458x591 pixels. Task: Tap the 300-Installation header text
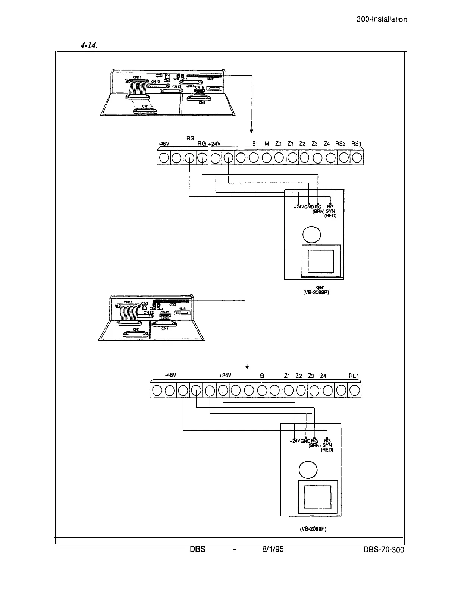click(381, 19)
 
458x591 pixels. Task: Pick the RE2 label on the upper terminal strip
click(341, 144)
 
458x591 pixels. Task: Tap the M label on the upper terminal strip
click(267, 144)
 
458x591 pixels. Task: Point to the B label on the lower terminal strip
click(262, 376)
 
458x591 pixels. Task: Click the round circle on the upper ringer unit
click(312, 235)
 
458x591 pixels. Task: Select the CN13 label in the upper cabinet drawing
click(176, 87)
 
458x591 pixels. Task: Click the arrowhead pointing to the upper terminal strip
click(252, 131)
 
